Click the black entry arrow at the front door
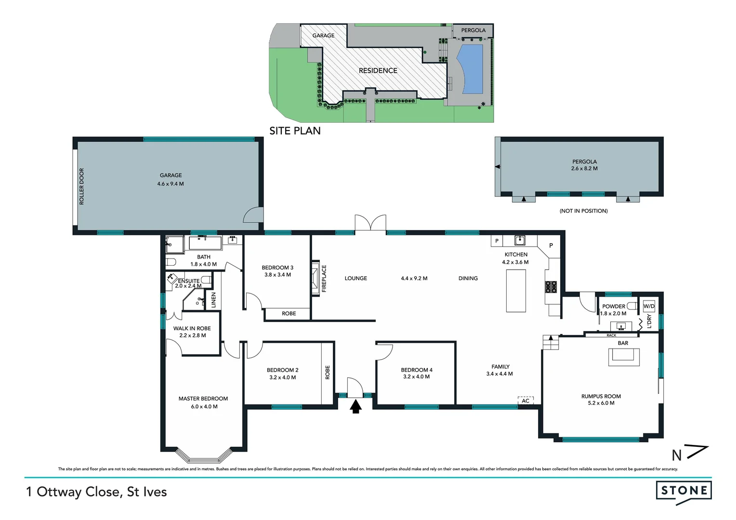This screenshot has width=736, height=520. [355, 407]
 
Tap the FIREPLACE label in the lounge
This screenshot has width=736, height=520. [324, 278]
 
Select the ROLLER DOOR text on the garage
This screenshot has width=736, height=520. [81, 186]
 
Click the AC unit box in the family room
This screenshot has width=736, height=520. [526, 401]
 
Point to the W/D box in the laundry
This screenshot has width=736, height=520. [649, 306]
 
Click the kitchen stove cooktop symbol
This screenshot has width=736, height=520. [551, 287]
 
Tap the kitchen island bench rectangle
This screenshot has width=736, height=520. [516, 290]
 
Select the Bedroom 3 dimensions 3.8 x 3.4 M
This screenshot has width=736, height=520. [277, 275]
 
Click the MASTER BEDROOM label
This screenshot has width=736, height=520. [203, 399]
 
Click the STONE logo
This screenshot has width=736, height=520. [683, 491]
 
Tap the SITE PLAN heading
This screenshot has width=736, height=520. [295, 130]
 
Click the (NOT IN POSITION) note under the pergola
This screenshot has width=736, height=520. [583, 211]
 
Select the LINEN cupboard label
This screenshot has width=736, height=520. [214, 300]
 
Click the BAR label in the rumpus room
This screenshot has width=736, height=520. [623, 343]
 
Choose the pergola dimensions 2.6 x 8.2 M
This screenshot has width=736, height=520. [584, 169]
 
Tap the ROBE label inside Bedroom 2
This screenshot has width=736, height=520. [328, 373]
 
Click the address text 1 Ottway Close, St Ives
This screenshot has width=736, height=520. [97, 492]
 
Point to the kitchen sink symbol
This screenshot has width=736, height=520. [519, 240]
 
